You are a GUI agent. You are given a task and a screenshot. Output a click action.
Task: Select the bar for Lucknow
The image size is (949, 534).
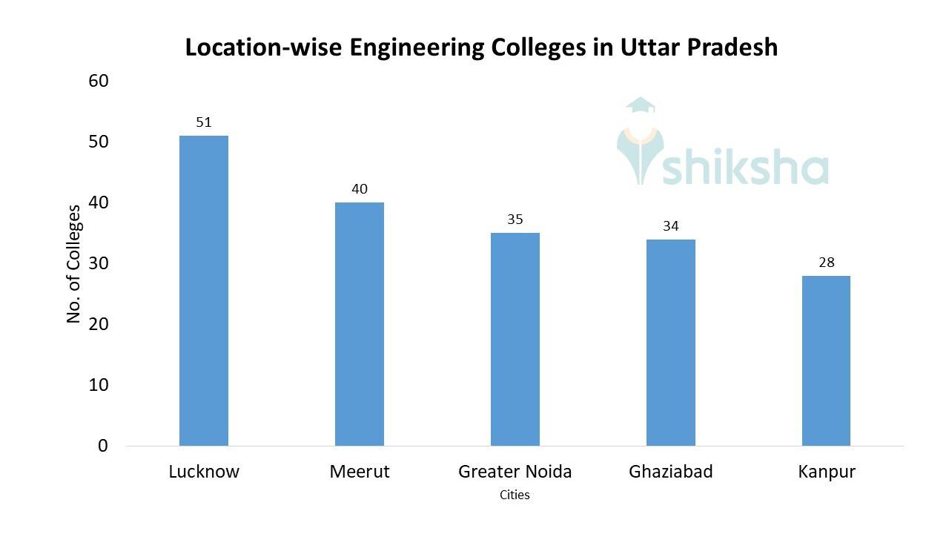(204, 291)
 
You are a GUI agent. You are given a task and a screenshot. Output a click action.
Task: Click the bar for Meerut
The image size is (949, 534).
(360, 324)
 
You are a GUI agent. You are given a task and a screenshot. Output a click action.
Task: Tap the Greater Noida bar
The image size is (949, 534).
(515, 339)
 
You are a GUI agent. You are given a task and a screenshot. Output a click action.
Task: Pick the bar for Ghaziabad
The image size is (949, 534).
(671, 343)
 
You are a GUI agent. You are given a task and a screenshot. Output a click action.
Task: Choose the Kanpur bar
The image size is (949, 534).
(826, 360)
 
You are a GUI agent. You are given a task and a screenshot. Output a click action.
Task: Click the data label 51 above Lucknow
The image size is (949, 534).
(204, 122)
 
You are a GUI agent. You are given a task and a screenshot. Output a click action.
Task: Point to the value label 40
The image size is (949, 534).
(360, 189)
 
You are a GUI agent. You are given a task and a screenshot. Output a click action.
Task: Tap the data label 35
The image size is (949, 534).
(515, 220)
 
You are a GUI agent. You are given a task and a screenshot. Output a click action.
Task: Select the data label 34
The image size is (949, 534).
(671, 226)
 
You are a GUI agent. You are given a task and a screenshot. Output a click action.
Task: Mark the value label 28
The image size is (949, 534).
(826, 263)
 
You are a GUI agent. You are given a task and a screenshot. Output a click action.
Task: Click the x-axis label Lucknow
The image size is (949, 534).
(204, 472)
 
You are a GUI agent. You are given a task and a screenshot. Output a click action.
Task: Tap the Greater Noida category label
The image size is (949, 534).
(515, 472)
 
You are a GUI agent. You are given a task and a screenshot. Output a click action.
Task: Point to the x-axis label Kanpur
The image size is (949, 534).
(827, 472)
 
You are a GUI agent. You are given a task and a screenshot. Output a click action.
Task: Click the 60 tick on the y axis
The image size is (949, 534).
(99, 81)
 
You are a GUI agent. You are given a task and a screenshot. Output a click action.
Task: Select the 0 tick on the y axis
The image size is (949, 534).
(103, 446)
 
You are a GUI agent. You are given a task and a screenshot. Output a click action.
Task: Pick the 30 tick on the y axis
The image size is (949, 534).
(99, 263)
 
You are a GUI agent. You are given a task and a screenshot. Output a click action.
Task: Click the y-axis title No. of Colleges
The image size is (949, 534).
(73, 264)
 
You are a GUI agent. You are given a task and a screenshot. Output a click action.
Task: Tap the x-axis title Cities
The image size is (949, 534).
(515, 495)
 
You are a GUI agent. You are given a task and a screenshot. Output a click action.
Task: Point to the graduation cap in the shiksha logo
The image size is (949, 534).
(640, 106)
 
